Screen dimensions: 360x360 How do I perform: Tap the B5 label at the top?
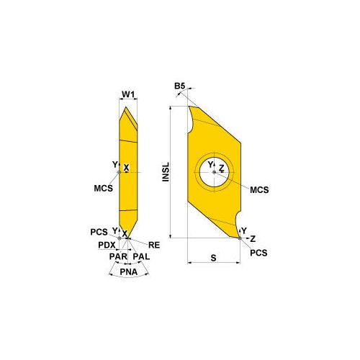[x=180, y=86]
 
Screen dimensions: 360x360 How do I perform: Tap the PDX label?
[x=107, y=245]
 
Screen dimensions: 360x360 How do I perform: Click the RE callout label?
[x=153, y=244]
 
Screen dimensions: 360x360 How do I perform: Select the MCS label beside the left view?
[x=102, y=189]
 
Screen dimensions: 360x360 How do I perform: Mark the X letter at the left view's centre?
[x=127, y=168]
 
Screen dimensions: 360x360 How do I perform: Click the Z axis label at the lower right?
[x=252, y=237]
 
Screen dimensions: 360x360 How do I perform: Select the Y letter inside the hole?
[x=211, y=165]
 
